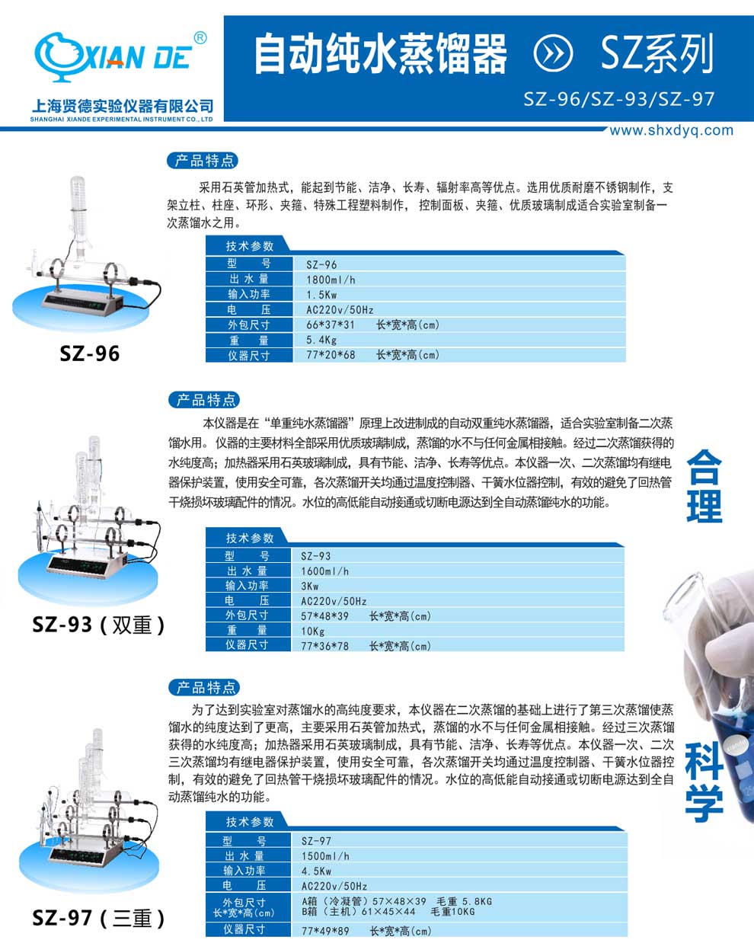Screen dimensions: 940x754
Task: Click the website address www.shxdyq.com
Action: [671, 130]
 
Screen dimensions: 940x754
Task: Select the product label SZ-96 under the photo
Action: [90, 353]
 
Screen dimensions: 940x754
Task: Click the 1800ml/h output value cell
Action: [331, 280]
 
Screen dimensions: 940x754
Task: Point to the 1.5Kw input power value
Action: [321, 295]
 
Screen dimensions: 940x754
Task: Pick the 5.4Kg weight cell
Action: [321, 340]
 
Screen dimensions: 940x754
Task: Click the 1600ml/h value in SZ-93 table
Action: [325, 571]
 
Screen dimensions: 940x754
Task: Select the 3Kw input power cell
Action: [310, 586]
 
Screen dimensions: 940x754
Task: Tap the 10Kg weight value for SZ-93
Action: [313, 631]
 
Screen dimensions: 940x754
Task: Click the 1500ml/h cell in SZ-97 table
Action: [326, 856]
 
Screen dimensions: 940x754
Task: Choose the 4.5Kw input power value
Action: [316, 871]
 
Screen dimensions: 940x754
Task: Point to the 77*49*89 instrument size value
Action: [325, 931]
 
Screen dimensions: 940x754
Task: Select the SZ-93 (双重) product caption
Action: [98, 625]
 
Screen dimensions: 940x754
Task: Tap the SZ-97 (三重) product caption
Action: [98, 918]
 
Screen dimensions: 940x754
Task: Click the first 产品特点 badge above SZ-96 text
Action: [203, 161]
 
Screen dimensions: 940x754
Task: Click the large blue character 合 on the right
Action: [704, 466]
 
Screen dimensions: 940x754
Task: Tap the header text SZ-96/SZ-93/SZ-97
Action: [619, 99]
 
